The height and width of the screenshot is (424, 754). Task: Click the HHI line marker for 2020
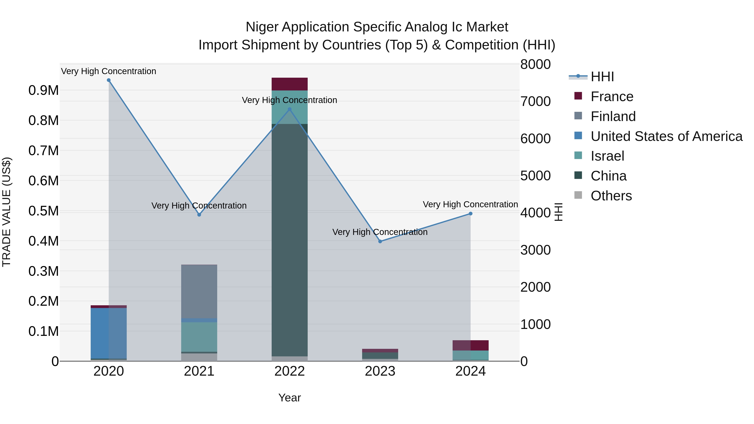click(108, 80)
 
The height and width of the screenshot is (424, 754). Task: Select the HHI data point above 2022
click(289, 110)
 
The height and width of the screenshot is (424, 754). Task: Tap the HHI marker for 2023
click(380, 241)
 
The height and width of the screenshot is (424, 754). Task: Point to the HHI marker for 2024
click(470, 214)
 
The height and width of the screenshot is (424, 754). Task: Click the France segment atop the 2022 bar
click(289, 84)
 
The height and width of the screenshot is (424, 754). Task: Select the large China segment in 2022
click(289, 240)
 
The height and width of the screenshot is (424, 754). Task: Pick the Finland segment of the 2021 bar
click(199, 291)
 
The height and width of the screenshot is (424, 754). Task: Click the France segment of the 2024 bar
click(470, 345)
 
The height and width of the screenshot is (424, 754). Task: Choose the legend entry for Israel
click(607, 156)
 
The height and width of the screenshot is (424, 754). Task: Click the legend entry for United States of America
click(666, 136)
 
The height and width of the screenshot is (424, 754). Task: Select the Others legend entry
click(611, 196)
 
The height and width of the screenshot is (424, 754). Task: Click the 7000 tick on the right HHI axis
click(535, 102)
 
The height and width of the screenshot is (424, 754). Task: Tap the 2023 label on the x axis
click(380, 371)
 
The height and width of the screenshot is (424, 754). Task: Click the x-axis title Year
click(289, 398)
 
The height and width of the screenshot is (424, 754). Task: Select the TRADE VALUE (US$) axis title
click(6, 212)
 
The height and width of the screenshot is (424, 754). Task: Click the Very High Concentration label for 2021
click(199, 206)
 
